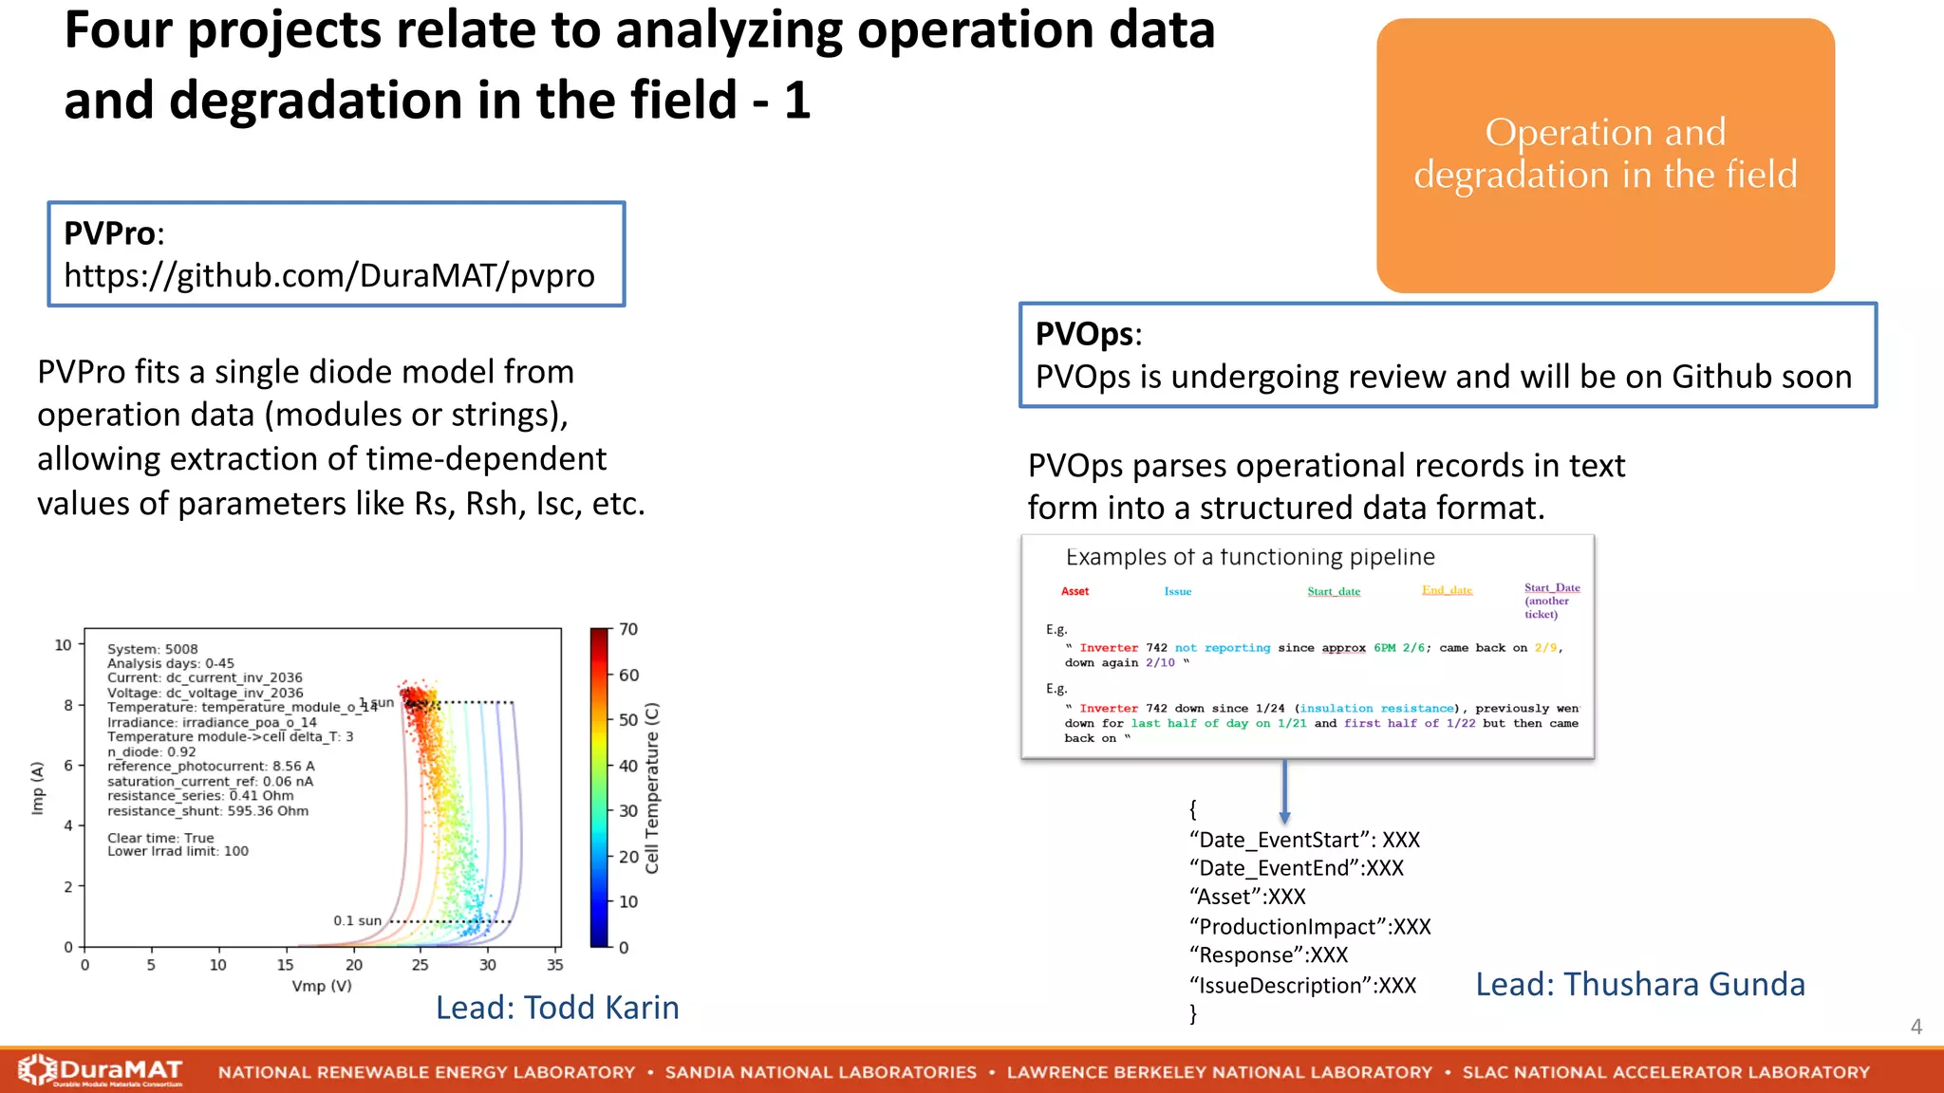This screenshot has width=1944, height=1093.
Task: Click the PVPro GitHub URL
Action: [328, 276]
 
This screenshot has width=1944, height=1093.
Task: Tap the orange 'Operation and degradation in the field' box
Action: [1604, 155]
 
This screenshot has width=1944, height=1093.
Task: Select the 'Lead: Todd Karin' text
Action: [557, 1008]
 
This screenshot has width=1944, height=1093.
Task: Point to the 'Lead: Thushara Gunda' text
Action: [1639, 985]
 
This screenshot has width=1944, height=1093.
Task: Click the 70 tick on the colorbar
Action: [628, 630]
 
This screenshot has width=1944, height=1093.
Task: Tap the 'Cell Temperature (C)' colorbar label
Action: [652, 787]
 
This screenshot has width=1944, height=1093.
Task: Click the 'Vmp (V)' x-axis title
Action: [322, 986]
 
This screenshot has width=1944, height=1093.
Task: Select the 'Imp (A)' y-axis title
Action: [38, 787]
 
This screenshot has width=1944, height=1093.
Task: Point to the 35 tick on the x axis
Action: [555, 965]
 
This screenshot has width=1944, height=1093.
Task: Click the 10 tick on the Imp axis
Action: [63, 645]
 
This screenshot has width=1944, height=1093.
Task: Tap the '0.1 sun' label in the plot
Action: [357, 921]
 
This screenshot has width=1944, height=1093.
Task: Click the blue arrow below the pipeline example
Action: [1284, 792]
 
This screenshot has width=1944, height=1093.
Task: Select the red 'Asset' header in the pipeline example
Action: [1075, 591]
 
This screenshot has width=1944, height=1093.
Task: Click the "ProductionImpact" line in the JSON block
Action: [1309, 927]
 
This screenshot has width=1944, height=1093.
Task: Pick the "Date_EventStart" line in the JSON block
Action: [1303, 840]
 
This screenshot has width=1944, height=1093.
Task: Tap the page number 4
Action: [1916, 1027]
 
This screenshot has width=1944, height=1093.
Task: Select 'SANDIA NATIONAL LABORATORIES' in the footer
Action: [820, 1072]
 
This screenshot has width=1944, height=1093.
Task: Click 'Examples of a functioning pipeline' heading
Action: [1249, 557]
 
